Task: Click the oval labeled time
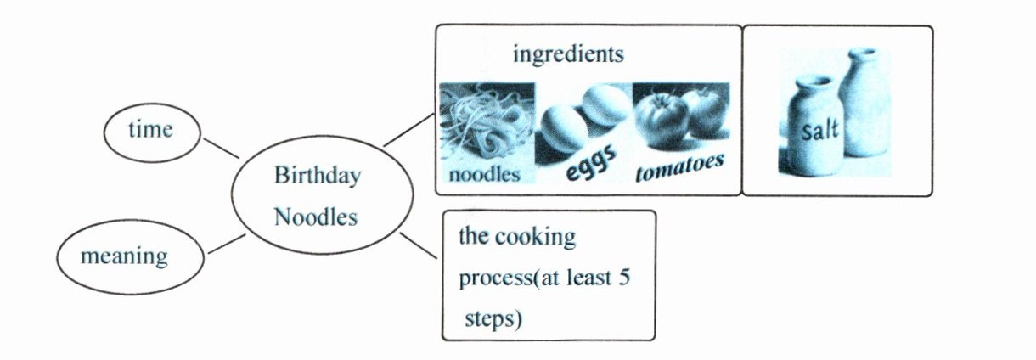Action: (150, 131)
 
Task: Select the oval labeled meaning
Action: (129, 256)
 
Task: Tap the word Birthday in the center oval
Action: (317, 177)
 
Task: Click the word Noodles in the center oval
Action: (315, 217)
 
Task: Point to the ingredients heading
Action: (568, 55)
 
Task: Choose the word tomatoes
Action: (679, 166)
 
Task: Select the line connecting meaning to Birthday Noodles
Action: (226, 243)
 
